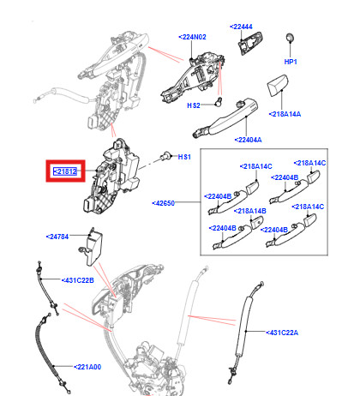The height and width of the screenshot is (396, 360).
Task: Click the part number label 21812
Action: pyautogui.click(x=65, y=171)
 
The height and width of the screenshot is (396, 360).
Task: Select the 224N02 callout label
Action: pyautogui.click(x=192, y=37)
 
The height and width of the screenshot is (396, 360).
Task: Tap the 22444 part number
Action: pyautogui.click(x=241, y=27)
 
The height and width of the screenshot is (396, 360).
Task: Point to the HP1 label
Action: pyautogui.click(x=291, y=62)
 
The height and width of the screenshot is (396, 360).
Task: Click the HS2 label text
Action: pyautogui.click(x=194, y=105)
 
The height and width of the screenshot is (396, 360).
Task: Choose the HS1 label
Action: pyautogui.click(x=184, y=157)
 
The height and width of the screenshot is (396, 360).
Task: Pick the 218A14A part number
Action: pyautogui.click(x=285, y=114)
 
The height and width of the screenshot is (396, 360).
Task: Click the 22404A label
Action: pyautogui.click(x=248, y=140)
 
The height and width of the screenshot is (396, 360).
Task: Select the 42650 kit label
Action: pyautogui.click(x=164, y=203)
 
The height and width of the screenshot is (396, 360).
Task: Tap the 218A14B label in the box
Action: pyautogui.click(x=250, y=211)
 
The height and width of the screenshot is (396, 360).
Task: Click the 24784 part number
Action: pyautogui.click(x=57, y=237)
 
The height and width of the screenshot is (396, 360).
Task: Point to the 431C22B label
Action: pyautogui.click(x=78, y=280)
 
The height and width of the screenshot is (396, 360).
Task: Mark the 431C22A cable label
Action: pyautogui.click(x=282, y=333)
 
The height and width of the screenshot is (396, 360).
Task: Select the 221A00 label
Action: pyautogui.click(x=87, y=367)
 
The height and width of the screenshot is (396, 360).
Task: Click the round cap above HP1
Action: pyautogui.click(x=290, y=38)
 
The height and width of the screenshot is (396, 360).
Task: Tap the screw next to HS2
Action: pyautogui.click(x=219, y=102)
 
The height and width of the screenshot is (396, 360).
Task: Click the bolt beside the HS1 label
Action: pyautogui.click(x=165, y=156)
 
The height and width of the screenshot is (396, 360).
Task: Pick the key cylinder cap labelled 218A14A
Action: pyautogui.click(x=278, y=86)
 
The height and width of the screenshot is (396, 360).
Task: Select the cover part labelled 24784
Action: pyautogui.click(x=92, y=247)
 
